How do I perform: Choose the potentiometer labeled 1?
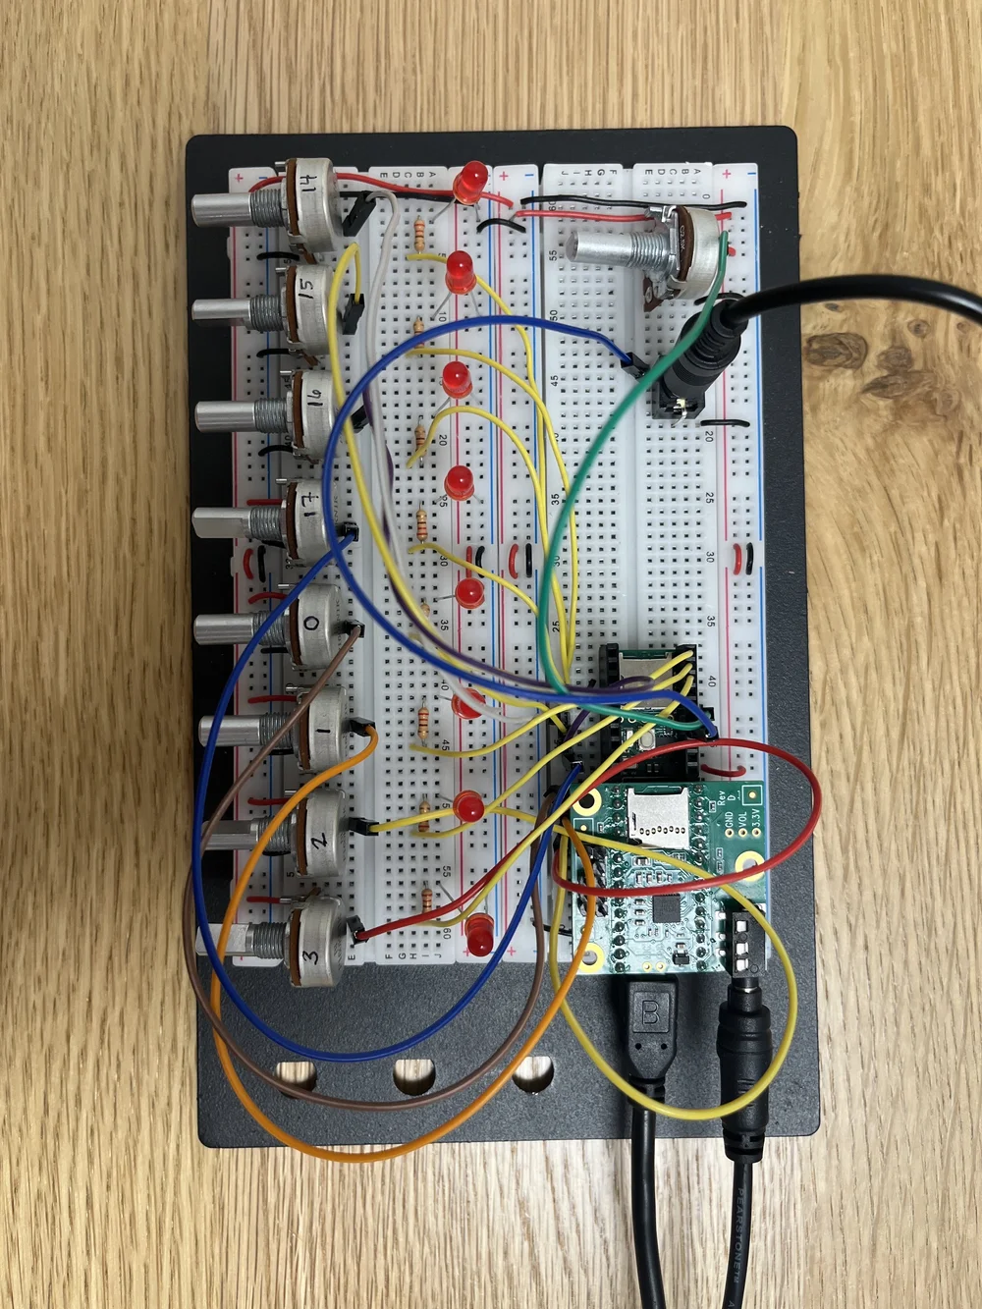point(319,726)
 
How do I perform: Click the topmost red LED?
point(472,180)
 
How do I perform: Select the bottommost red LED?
point(480,935)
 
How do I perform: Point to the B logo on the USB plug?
point(650,1010)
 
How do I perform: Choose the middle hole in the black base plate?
point(413,1077)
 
